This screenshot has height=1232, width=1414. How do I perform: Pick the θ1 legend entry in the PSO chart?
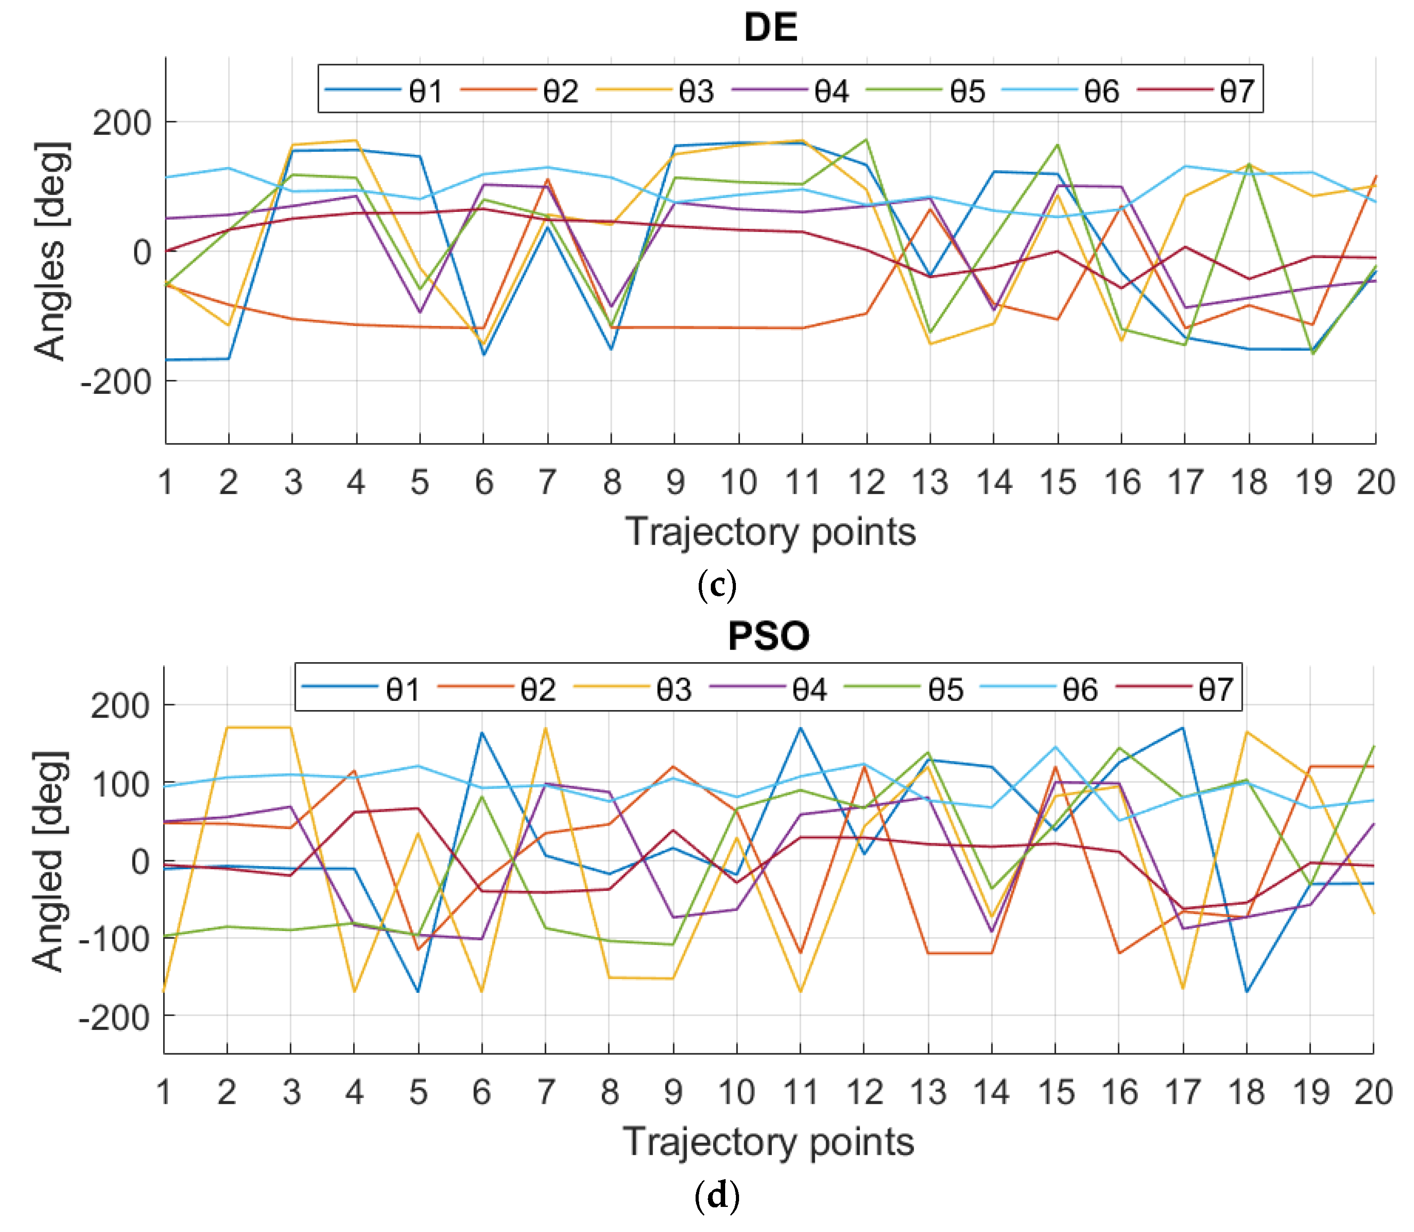click(x=403, y=689)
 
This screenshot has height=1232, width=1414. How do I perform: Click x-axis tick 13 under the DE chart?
click(x=930, y=482)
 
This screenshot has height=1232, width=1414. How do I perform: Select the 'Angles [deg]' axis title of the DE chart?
click(x=51, y=251)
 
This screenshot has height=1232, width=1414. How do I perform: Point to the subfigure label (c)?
click(x=717, y=586)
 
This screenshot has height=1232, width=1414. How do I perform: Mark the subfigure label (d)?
click(x=717, y=1196)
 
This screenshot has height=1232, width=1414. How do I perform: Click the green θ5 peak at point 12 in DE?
click(x=866, y=140)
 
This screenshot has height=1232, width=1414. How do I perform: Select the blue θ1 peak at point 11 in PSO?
click(x=800, y=728)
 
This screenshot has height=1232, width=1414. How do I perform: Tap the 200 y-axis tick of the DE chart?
click(x=122, y=123)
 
